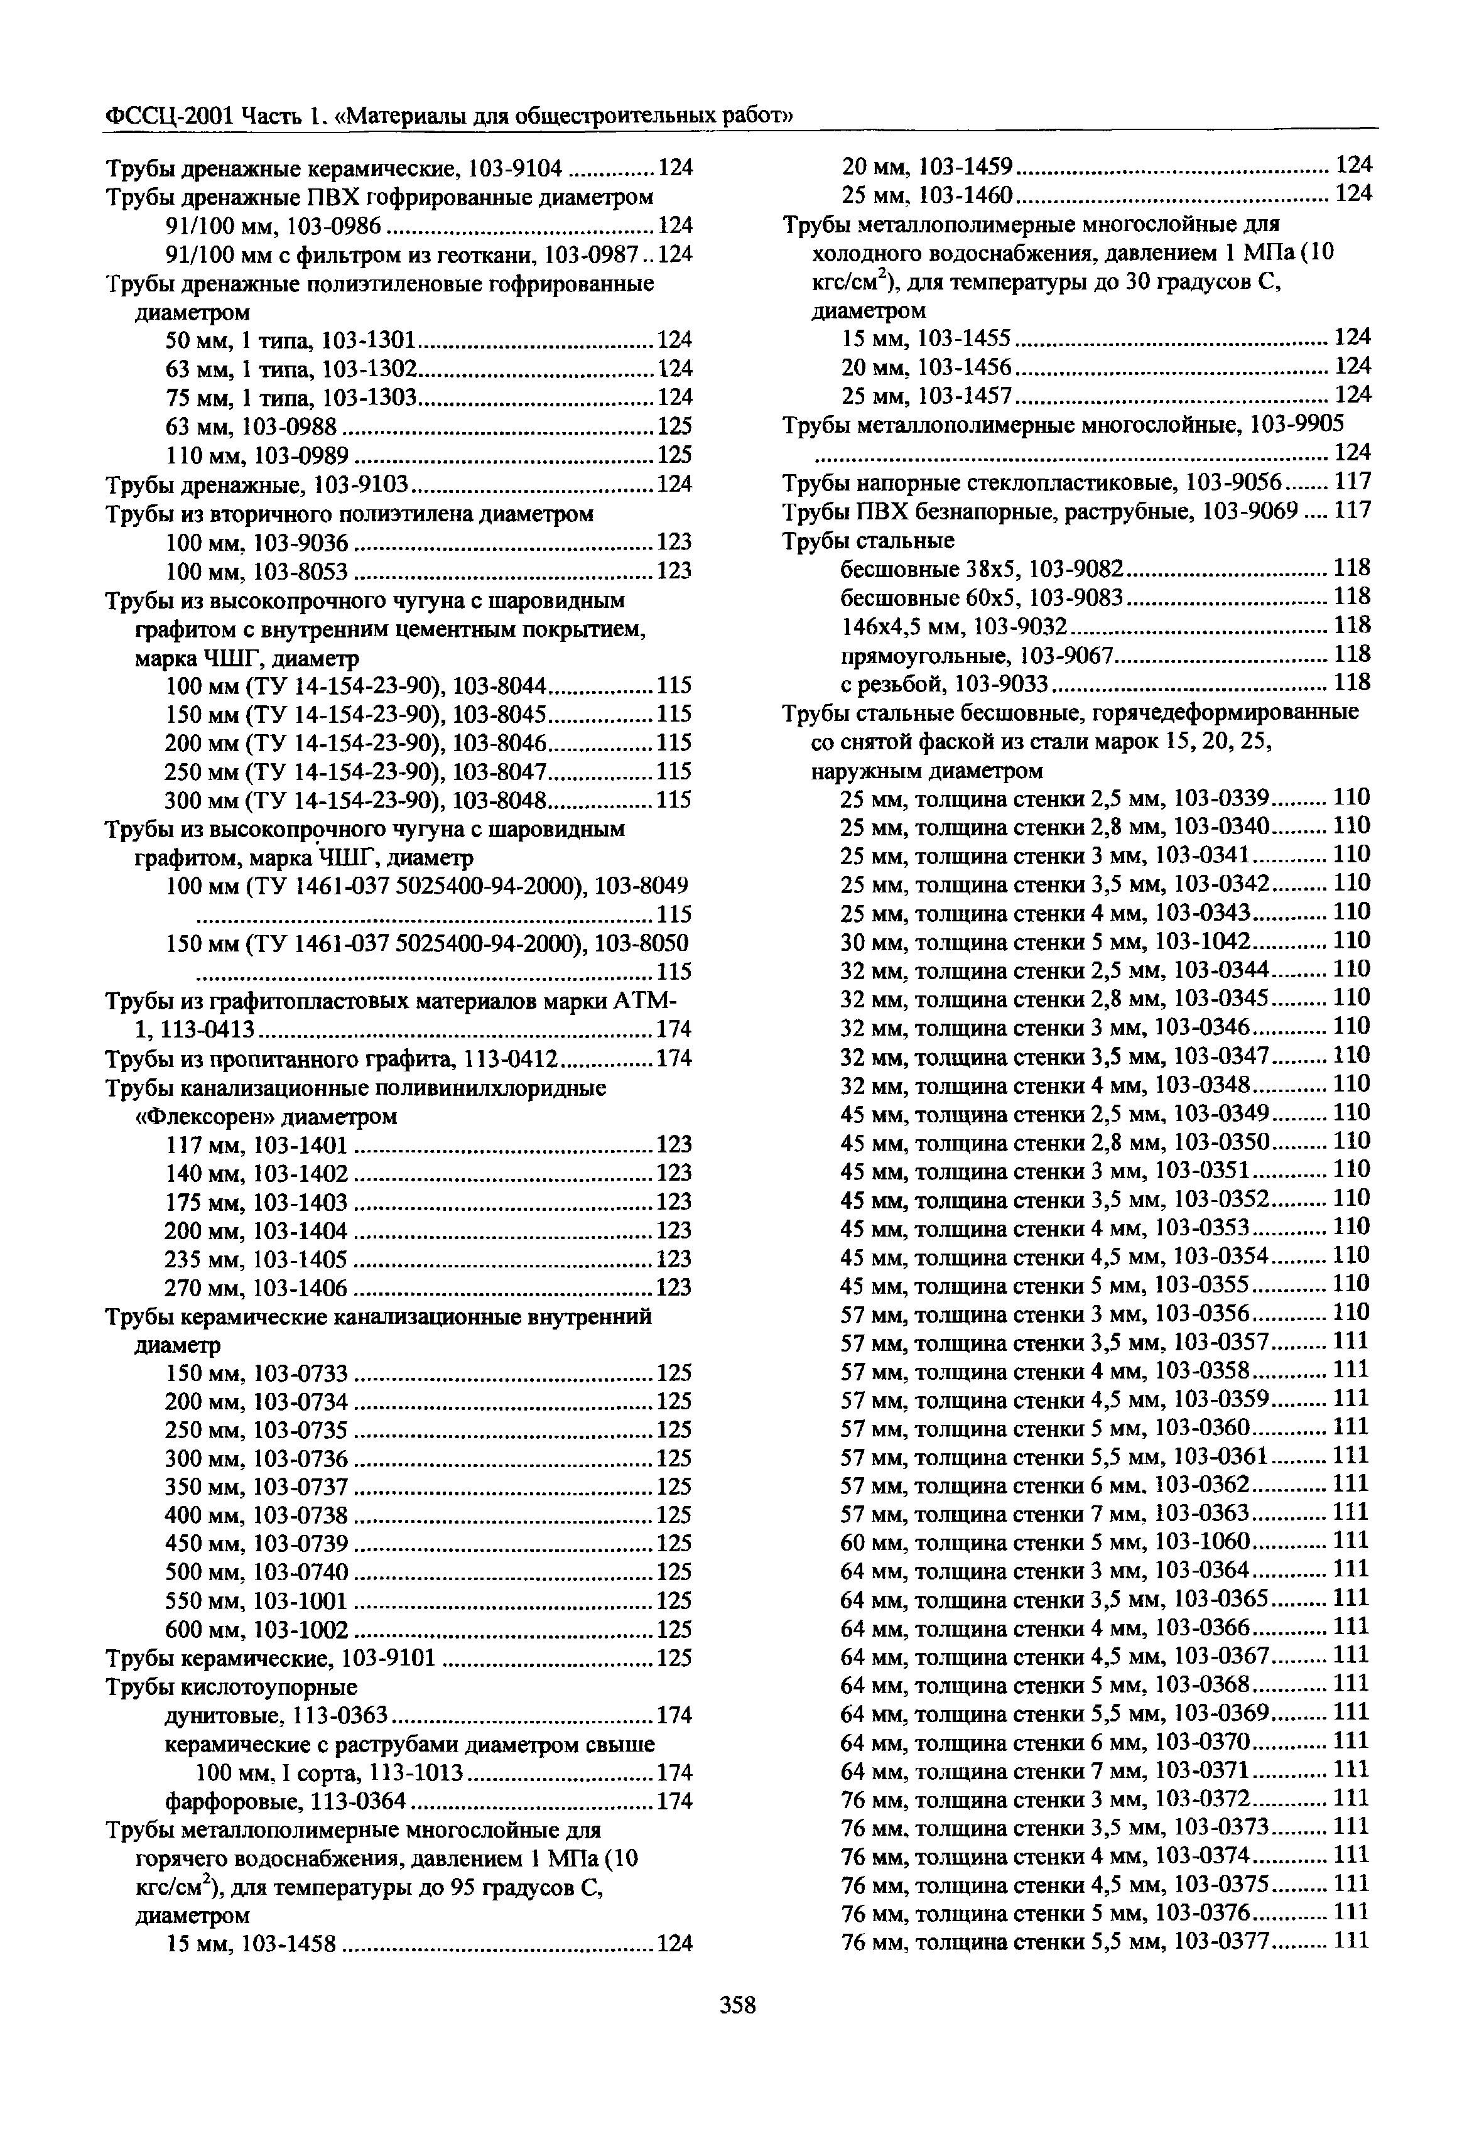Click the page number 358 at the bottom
(739, 2005)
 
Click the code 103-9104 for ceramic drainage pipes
(516, 168)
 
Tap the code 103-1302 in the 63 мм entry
(371, 368)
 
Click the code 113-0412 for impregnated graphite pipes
(511, 1059)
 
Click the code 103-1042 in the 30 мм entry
(1202, 941)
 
